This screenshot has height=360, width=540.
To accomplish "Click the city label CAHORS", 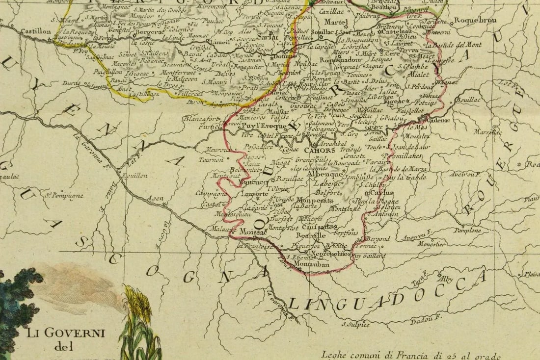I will point(320,151).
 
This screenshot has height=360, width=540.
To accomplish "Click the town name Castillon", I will point(36,31).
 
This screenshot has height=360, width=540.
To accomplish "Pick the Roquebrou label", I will point(475,20).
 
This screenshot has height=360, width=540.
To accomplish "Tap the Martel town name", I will point(336,22).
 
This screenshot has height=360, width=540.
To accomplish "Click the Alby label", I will point(447,279).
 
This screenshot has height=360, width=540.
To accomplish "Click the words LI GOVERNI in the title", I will point(66,333).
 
